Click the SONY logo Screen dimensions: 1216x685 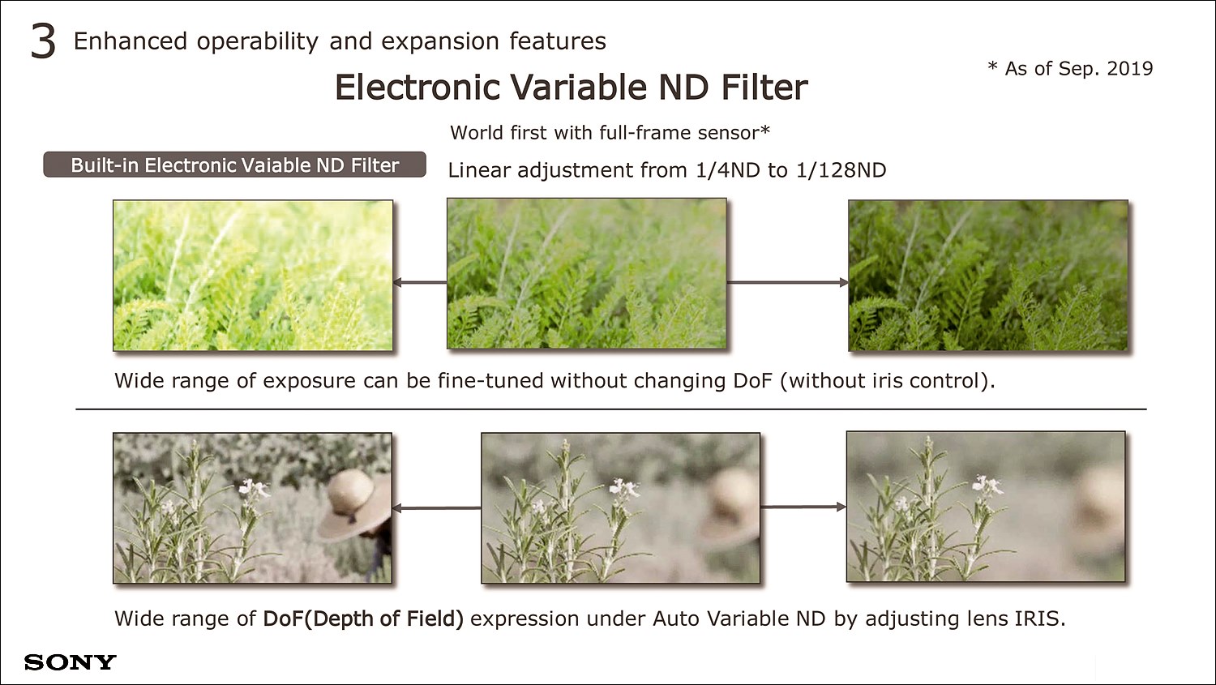(x=70, y=662)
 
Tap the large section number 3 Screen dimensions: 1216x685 (x=44, y=42)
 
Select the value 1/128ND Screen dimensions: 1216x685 (x=841, y=170)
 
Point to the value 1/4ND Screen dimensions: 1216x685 (x=727, y=170)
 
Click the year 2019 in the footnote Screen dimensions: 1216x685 (x=1130, y=68)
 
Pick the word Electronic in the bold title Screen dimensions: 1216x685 (x=417, y=87)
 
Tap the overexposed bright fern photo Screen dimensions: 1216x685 (x=253, y=275)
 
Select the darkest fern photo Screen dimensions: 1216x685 (x=988, y=275)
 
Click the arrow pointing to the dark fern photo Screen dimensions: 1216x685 (x=788, y=282)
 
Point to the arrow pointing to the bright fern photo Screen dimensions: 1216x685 (x=420, y=282)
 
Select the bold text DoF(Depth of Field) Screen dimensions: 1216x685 (x=363, y=619)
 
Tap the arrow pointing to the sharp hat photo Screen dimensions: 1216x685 (x=436, y=508)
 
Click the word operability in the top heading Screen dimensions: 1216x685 (x=257, y=42)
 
